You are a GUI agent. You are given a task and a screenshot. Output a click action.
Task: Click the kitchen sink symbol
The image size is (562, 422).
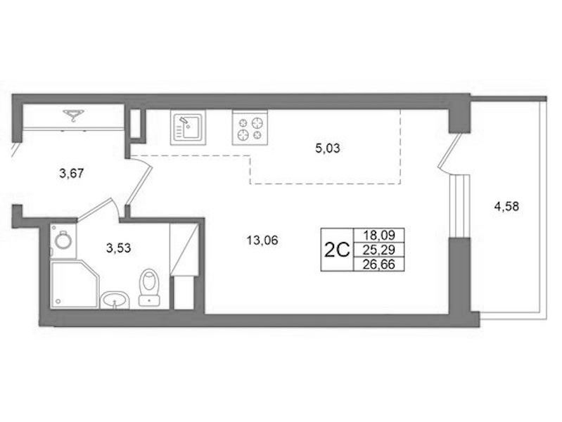click(x=189, y=127)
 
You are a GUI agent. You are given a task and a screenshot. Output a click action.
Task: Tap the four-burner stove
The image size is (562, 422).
click(x=250, y=127)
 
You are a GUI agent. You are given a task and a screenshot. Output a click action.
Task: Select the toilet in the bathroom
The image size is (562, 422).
click(x=149, y=287)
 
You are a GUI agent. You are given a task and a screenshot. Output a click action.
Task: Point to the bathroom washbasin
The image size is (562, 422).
click(x=115, y=300)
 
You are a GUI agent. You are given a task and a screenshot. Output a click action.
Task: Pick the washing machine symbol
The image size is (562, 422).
click(x=63, y=241)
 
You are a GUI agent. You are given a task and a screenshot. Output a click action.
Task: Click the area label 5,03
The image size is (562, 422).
click(x=328, y=148)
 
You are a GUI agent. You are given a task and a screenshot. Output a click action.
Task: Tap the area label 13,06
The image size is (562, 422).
click(x=262, y=241)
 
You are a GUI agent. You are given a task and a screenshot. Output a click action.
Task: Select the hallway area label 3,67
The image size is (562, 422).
click(x=72, y=174)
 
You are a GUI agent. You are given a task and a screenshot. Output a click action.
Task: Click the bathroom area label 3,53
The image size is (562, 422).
click(x=119, y=248)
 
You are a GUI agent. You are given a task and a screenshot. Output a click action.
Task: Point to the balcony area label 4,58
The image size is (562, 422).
click(x=506, y=207)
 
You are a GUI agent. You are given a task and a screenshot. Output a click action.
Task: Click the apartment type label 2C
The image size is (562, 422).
click(x=336, y=250)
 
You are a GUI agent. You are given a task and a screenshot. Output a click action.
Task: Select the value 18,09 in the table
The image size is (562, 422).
click(x=379, y=235)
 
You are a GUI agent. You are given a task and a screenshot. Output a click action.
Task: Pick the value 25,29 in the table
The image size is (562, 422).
click(x=379, y=250)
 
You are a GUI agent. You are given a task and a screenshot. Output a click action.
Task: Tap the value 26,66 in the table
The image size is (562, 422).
click(x=379, y=264)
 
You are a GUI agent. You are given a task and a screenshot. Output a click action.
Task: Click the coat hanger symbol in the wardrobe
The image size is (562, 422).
click(x=74, y=115)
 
